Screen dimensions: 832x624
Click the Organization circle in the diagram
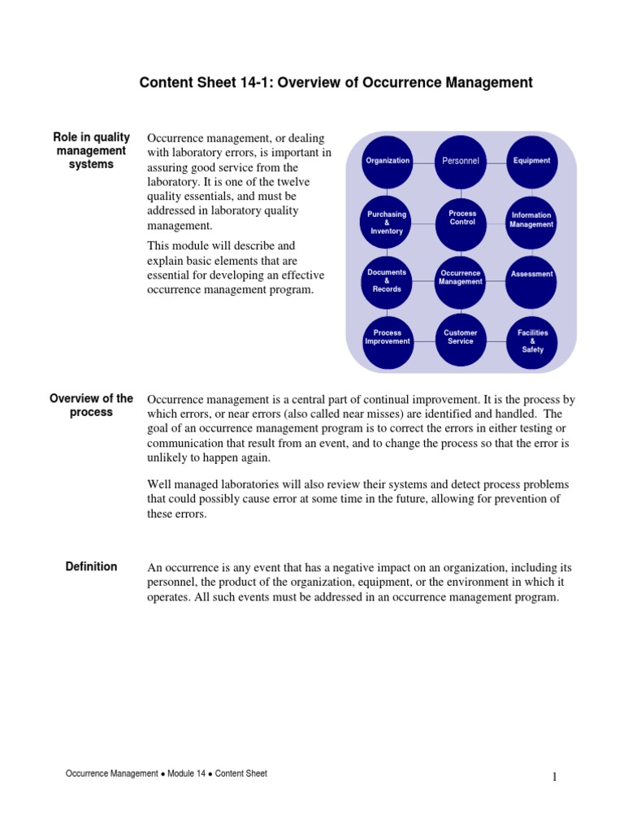tap(388, 161)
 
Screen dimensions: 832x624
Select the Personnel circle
tap(461, 161)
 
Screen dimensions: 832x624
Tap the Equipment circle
tap(532, 161)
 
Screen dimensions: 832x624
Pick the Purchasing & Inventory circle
tap(388, 223)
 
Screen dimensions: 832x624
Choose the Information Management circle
tap(532, 220)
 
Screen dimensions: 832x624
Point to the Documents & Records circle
tap(388, 280)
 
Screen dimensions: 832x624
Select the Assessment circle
tap(532, 275)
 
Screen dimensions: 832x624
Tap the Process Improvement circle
tap(388, 338)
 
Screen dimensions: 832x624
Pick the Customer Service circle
tap(461, 338)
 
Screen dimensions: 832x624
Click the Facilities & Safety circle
tap(532, 340)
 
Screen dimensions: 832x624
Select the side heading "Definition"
tap(91, 567)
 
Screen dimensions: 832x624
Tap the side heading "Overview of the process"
tap(91, 405)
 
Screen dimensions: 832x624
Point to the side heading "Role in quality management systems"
tap(91, 150)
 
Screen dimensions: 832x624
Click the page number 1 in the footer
tap(555, 778)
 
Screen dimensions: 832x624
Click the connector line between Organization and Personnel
tap(424, 161)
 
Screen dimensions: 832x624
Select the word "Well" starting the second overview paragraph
tap(159, 484)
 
